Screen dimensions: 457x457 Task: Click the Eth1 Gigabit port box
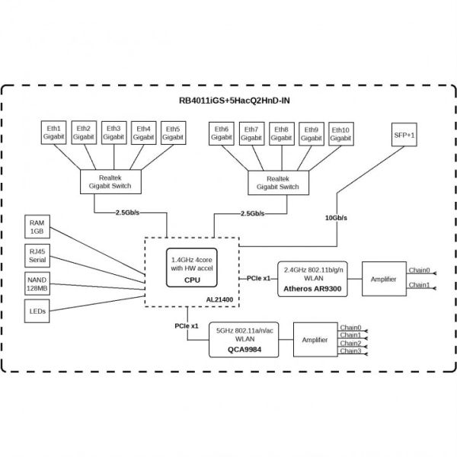pyautogui.click(x=55, y=133)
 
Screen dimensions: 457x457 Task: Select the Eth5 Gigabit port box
pyautogui.click(x=172, y=133)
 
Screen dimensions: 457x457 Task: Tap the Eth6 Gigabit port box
pyautogui.click(x=223, y=133)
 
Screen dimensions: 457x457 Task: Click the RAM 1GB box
pyautogui.click(x=37, y=228)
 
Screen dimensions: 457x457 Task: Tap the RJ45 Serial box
pyautogui.click(x=37, y=256)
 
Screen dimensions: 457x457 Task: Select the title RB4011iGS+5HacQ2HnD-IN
pyautogui.click(x=228, y=102)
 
